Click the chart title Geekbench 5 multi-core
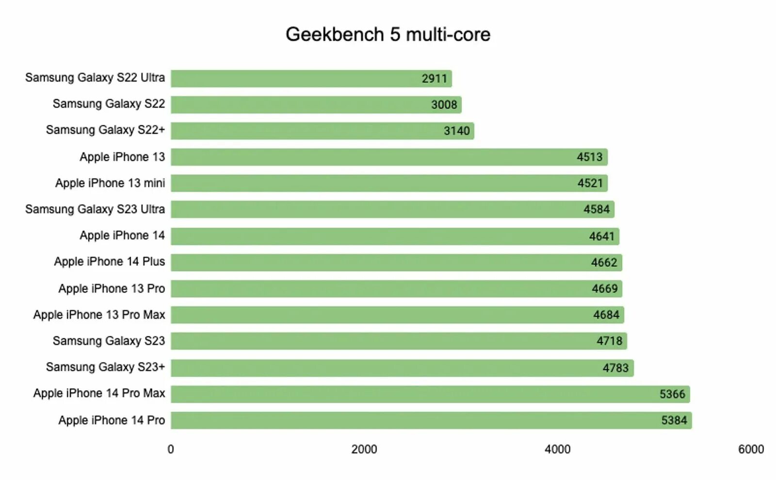[388, 34]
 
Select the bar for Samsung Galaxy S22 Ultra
[311, 79]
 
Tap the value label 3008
[444, 105]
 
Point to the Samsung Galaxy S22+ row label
[105, 130]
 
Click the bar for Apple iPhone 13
[388, 157]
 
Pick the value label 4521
[590, 183]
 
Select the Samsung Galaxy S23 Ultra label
[95, 209]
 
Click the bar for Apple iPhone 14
[394, 236]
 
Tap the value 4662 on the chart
[604, 263]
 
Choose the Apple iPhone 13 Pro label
[112, 289]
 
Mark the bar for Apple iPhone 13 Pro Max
[397, 315]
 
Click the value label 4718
[609, 341]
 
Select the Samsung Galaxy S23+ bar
[402, 368]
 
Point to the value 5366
[672, 394]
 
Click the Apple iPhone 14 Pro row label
[112, 420]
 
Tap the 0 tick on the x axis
[171, 449]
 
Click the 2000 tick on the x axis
[364, 449]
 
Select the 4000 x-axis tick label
[557, 449]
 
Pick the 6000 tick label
[751, 449]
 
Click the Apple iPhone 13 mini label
[110, 183]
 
